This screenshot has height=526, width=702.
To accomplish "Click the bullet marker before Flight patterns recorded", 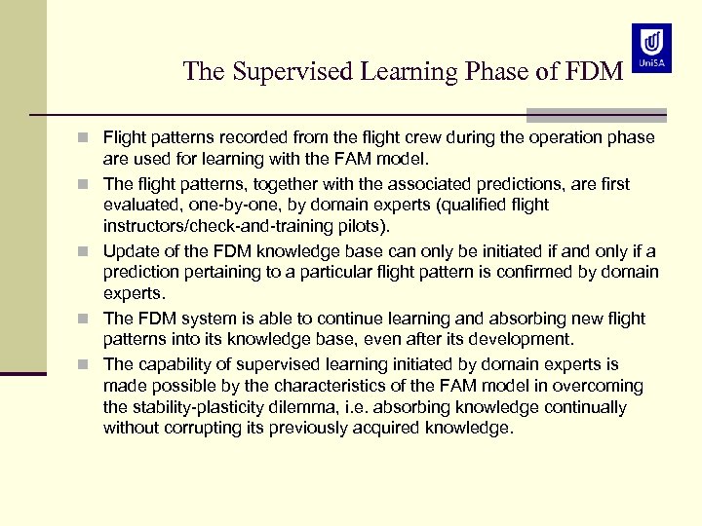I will tap(89, 138).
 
